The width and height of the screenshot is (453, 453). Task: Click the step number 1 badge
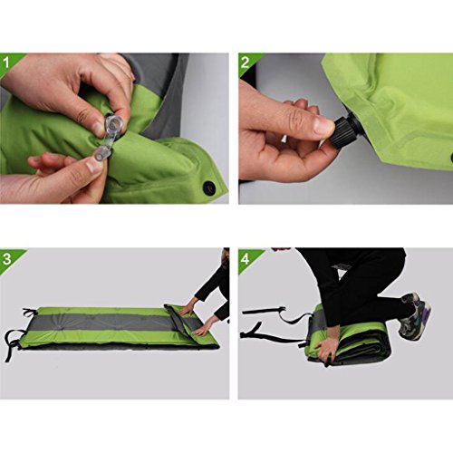point(6,63)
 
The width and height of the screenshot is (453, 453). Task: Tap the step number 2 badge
point(245,63)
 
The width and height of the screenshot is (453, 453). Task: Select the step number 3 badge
point(6,259)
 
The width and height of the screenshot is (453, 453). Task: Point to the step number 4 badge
point(246,259)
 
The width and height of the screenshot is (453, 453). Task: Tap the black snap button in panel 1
point(208,188)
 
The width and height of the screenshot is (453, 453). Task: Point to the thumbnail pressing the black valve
point(323,125)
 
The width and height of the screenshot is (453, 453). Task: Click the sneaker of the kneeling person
point(414,315)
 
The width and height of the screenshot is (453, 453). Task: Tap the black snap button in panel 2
point(451,158)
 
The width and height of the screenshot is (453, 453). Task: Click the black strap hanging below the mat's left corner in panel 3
point(13,345)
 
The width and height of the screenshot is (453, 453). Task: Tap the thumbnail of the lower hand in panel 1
point(93,166)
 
